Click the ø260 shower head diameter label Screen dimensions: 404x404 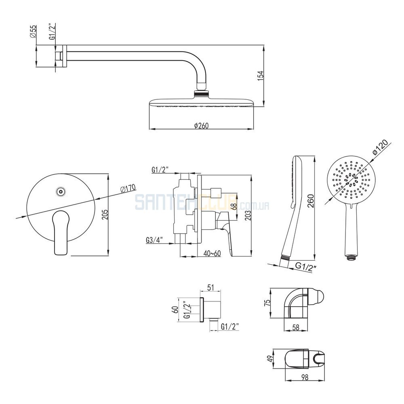[x=201, y=126]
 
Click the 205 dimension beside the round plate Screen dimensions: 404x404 [x=105, y=215]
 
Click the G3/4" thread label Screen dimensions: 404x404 [x=154, y=240]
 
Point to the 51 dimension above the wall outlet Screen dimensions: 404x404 [x=210, y=287]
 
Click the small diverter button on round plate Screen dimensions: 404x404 [x=61, y=192]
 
